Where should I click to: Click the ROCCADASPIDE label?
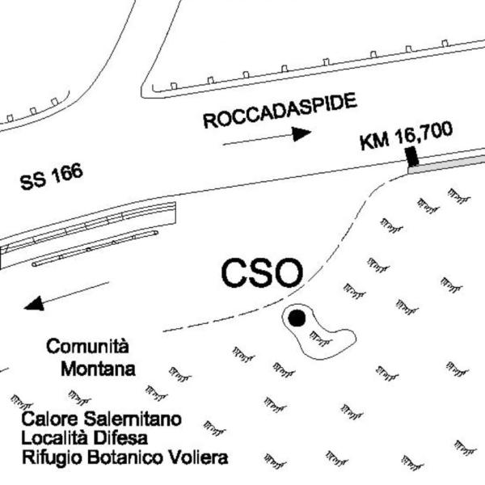click(280, 111)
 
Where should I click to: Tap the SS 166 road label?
click(52, 176)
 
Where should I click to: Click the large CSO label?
click(262, 273)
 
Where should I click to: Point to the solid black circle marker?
click(297, 318)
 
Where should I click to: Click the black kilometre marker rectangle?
click(412, 157)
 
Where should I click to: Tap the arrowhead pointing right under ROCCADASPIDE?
click(302, 133)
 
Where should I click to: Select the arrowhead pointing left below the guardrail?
click(34, 304)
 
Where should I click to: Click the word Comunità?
click(87, 346)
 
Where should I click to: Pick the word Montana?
click(98, 369)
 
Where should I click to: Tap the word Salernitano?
click(133, 419)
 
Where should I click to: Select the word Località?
click(54, 438)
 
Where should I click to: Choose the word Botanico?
click(124, 458)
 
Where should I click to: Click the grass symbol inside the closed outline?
click(320, 339)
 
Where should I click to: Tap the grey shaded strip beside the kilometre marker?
click(446, 165)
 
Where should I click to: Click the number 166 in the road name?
click(67, 173)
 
